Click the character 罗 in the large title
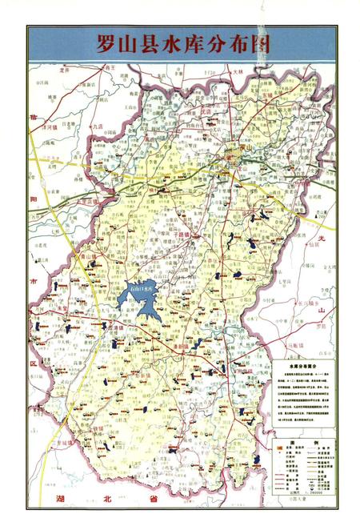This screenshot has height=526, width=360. (105, 43)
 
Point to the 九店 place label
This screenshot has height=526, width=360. (97, 126)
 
